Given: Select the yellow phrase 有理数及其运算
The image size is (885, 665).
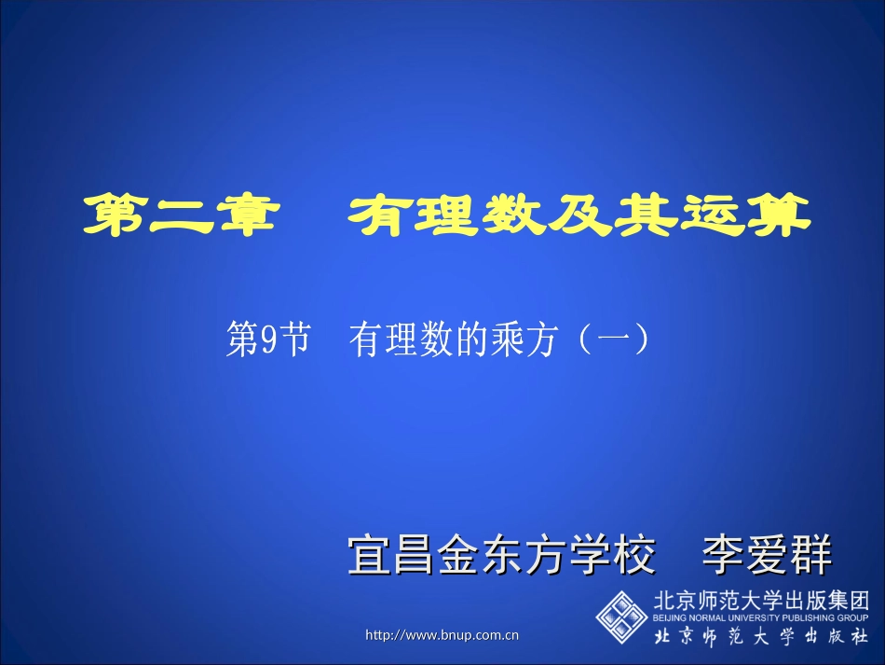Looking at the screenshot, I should point(579,216).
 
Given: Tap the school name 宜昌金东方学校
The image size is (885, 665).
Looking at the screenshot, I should point(502,556).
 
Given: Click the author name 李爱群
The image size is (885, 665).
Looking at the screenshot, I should point(767,556).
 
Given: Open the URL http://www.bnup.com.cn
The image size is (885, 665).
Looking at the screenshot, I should point(442,635).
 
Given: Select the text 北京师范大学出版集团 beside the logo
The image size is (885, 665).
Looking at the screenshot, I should point(761,600).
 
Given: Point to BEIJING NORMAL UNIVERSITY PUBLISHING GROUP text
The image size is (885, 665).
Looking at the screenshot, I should point(761,617).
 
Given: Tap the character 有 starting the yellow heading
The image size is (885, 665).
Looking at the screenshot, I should point(381,216).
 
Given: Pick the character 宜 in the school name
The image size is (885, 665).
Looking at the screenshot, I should point(368,556).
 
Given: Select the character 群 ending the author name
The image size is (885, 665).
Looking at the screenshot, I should point(810,556).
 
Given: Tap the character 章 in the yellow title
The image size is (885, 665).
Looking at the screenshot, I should point(248,216).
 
